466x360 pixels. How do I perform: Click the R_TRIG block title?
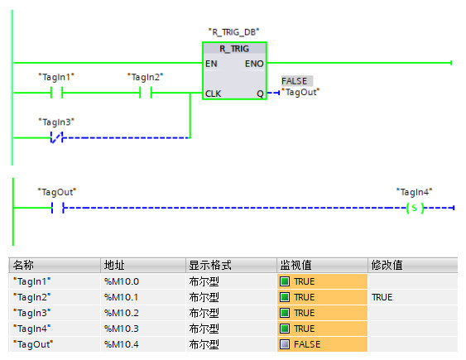pyautogui.click(x=234, y=49)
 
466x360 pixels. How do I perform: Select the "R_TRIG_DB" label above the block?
pyautogui.click(x=234, y=31)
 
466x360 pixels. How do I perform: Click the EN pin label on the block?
pyautogui.click(x=211, y=64)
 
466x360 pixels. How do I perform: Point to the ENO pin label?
pyautogui.click(x=254, y=64)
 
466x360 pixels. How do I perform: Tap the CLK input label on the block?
pyautogui.click(x=213, y=94)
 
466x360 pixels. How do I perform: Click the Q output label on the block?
pyautogui.click(x=260, y=94)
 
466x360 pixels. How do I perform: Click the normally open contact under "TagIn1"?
pyautogui.click(x=57, y=93)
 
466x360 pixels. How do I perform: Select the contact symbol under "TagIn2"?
pyautogui.click(x=146, y=93)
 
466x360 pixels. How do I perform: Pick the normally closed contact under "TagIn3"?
pyautogui.click(x=57, y=137)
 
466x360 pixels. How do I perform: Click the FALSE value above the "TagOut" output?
pyautogui.click(x=295, y=81)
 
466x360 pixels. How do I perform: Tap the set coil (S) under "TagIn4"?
pyautogui.click(x=415, y=208)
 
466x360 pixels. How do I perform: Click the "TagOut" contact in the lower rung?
pyautogui.click(x=58, y=208)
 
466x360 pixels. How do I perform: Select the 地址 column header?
pyautogui.click(x=114, y=266)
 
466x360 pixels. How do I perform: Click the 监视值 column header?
pyautogui.click(x=295, y=266)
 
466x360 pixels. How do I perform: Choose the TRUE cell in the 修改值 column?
pyautogui.click(x=382, y=297)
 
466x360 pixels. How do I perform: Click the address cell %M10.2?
pyautogui.click(x=122, y=313)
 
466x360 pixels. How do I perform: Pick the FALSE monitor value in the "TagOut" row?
pyautogui.click(x=307, y=344)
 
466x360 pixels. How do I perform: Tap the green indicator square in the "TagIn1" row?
pyautogui.click(x=285, y=281)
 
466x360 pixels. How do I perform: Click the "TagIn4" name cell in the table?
pyautogui.click(x=32, y=329)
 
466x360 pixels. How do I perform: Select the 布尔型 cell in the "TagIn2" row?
pyautogui.click(x=204, y=297)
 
